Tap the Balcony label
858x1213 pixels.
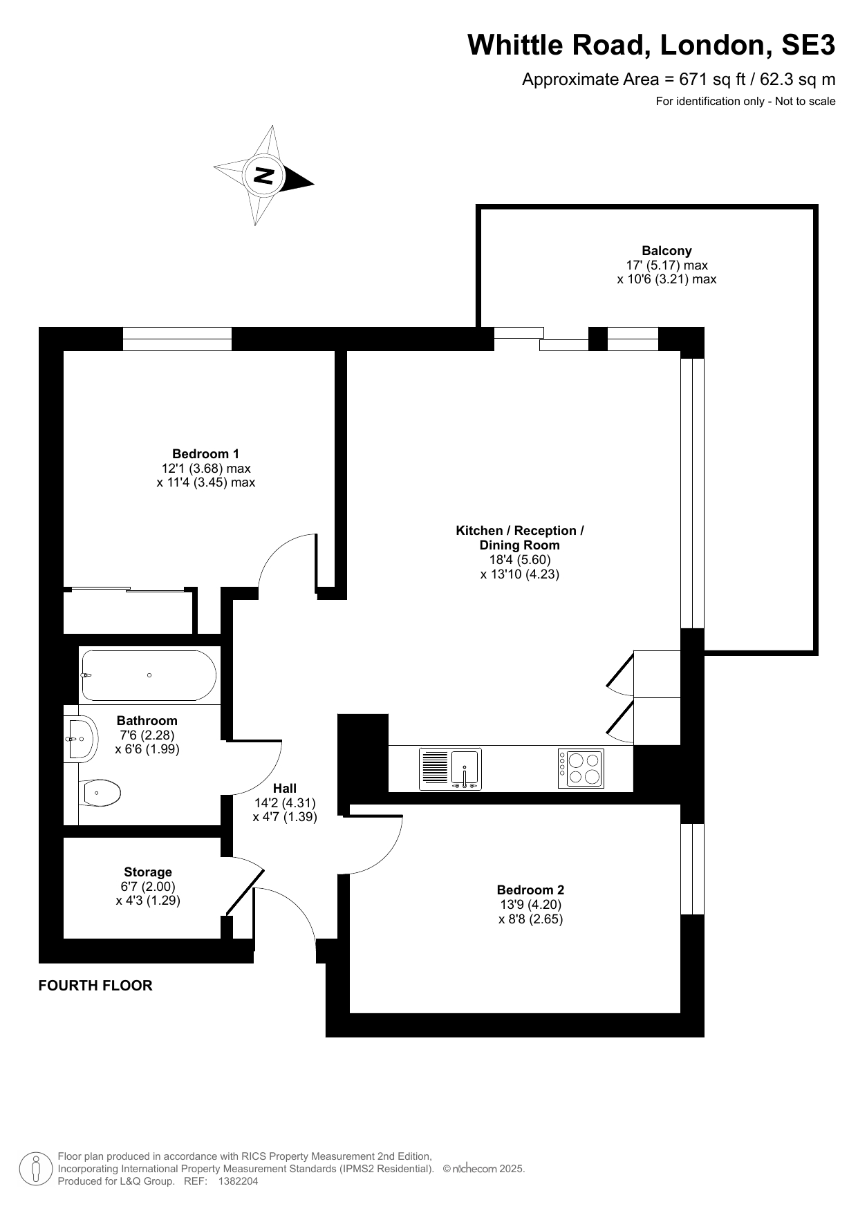666,251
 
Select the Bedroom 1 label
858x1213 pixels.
205,454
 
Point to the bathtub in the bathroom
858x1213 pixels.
149,675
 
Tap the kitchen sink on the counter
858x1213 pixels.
451,769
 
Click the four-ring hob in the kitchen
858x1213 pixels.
581,769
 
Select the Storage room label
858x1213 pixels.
148,872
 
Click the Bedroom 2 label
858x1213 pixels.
530,890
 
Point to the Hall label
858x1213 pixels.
285,789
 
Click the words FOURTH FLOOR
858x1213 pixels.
95,986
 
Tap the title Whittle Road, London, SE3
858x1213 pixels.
651,46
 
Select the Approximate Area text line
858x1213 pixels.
678,79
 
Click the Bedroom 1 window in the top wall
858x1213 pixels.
177,339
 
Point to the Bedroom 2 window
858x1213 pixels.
692,869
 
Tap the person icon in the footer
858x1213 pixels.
37,1169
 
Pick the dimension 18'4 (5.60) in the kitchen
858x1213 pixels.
519,560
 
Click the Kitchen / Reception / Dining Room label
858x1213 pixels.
519,538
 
